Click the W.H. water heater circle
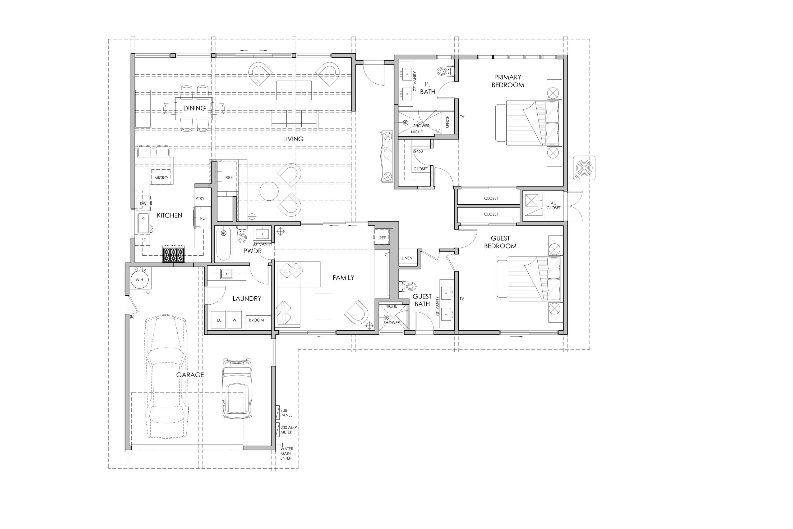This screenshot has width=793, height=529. pyautogui.click(x=140, y=280)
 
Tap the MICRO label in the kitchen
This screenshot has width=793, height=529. pyautogui.click(x=161, y=178)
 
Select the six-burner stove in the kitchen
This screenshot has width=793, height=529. pyautogui.click(x=174, y=255)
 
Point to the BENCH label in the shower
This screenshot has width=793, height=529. pyautogui.click(x=448, y=122)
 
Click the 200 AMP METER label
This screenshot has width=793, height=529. pyautogui.click(x=288, y=430)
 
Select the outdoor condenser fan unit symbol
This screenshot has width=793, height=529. pyautogui.click(x=584, y=168)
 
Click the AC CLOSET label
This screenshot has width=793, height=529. pyautogui.click(x=553, y=205)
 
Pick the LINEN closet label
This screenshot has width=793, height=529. pyautogui.click(x=407, y=258)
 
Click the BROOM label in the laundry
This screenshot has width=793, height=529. pyautogui.click(x=256, y=320)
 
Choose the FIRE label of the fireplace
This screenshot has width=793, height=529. pyautogui.click(x=229, y=178)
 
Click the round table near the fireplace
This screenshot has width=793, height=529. pyautogui.click(x=269, y=191)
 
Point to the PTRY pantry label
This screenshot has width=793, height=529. pyautogui.click(x=200, y=198)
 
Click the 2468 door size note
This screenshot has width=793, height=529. pyautogui.click(x=418, y=151)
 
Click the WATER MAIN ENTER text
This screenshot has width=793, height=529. pyautogui.click(x=287, y=453)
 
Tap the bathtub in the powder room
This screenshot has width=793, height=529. pyautogui.click(x=223, y=244)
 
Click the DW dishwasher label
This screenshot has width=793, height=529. pyautogui.click(x=143, y=204)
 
